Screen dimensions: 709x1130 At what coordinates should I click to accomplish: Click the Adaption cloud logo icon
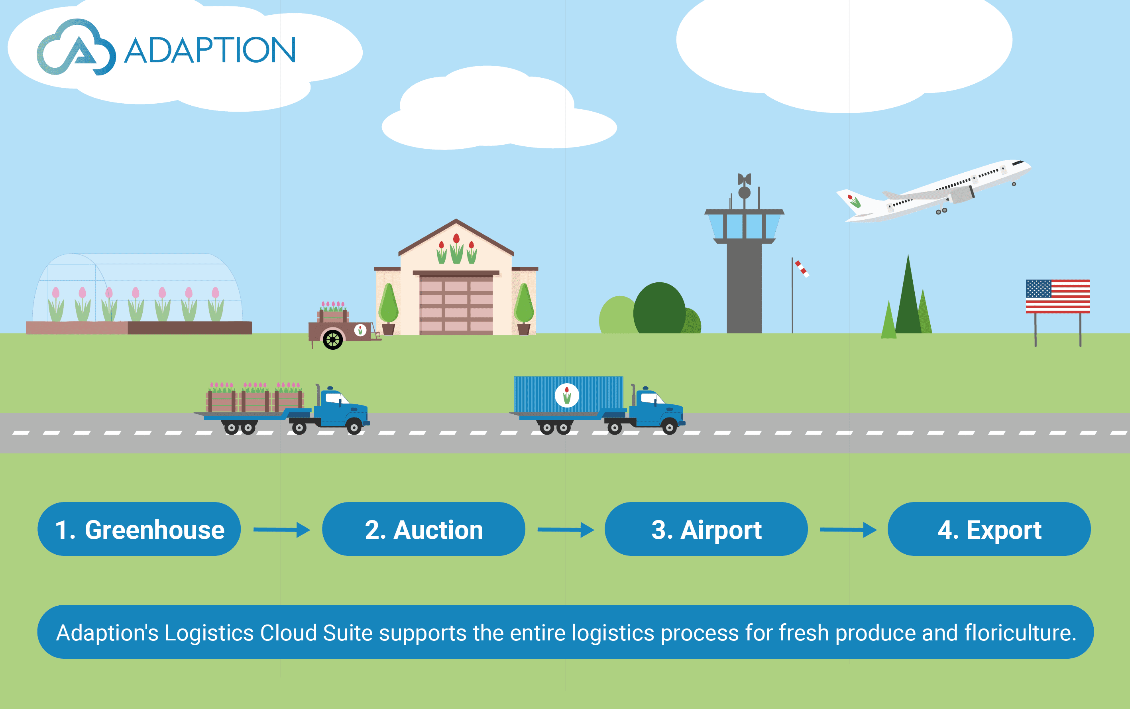[x=76, y=48]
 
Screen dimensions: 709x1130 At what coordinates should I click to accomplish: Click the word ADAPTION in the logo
[x=210, y=50]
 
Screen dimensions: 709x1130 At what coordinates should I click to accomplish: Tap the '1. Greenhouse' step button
[x=139, y=530]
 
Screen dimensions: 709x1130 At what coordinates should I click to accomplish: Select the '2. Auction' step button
[x=423, y=530]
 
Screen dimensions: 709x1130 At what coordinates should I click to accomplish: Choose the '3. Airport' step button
[x=706, y=530]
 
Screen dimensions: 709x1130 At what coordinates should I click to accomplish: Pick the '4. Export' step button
[x=989, y=530]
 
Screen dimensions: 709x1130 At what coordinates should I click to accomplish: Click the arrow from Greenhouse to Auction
[x=282, y=530]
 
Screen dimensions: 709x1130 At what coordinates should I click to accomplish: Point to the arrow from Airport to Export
[x=848, y=530]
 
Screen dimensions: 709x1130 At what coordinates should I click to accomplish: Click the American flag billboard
[x=1057, y=296]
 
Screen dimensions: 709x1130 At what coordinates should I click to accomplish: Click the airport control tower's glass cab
[x=744, y=226]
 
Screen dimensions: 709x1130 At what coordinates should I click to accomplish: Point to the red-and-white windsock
[x=802, y=269]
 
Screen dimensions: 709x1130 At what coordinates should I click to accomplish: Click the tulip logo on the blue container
[x=567, y=395]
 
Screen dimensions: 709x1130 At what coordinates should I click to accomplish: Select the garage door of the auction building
[x=456, y=304]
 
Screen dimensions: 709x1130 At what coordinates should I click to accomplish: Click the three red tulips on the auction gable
[x=456, y=248]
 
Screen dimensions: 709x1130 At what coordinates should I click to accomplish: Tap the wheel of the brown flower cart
[x=333, y=339]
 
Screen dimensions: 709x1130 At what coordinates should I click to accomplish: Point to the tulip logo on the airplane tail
[x=853, y=201]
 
